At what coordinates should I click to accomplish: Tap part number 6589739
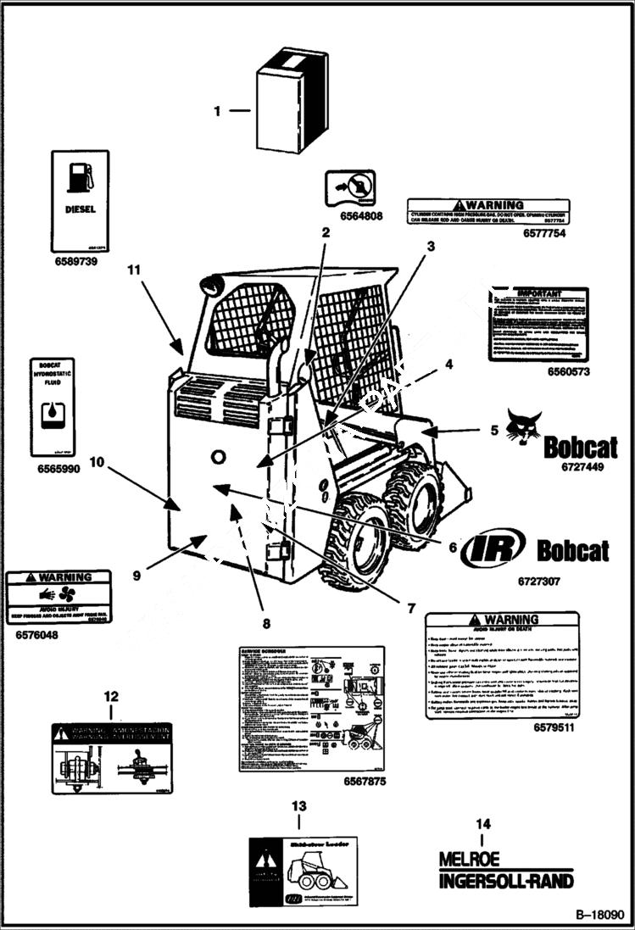pyautogui.click(x=75, y=262)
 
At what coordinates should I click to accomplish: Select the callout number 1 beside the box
pyautogui.click(x=217, y=110)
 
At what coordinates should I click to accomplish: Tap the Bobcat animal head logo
pyautogui.click(x=523, y=426)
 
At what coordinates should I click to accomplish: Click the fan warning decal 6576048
pyautogui.click(x=59, y=597)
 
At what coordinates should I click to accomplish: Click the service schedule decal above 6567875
pyautogui.click(x=311, y=709)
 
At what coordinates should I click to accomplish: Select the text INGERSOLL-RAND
pyautogui.click(x=505, y=881)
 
